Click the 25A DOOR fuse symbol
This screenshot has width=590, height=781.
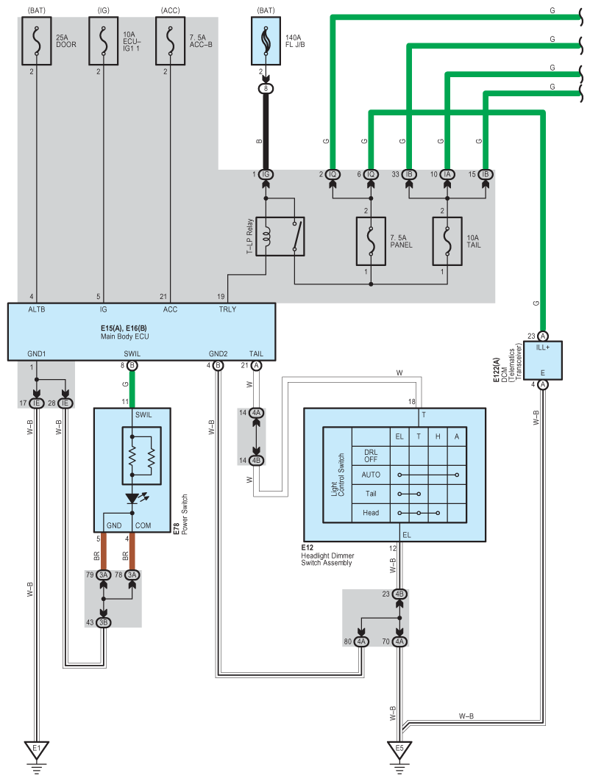36,41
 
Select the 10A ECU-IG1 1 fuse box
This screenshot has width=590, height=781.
103,41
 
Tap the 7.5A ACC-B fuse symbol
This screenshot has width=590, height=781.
170,41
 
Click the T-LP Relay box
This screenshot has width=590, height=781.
280,237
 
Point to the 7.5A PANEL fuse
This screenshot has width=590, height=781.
371,241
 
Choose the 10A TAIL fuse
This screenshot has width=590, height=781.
447,241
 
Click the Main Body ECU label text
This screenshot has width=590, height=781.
124,336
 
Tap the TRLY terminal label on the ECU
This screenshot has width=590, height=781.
227,309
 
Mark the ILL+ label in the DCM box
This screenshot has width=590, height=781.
543,348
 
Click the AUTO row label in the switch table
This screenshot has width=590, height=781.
371,475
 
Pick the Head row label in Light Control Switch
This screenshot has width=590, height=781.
371,513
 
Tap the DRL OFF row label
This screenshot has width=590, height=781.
371,456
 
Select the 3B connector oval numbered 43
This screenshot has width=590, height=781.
103,622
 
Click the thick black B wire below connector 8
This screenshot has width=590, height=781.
266,132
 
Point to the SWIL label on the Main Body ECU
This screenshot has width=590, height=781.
132,353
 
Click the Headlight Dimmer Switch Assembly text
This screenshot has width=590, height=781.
327,559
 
